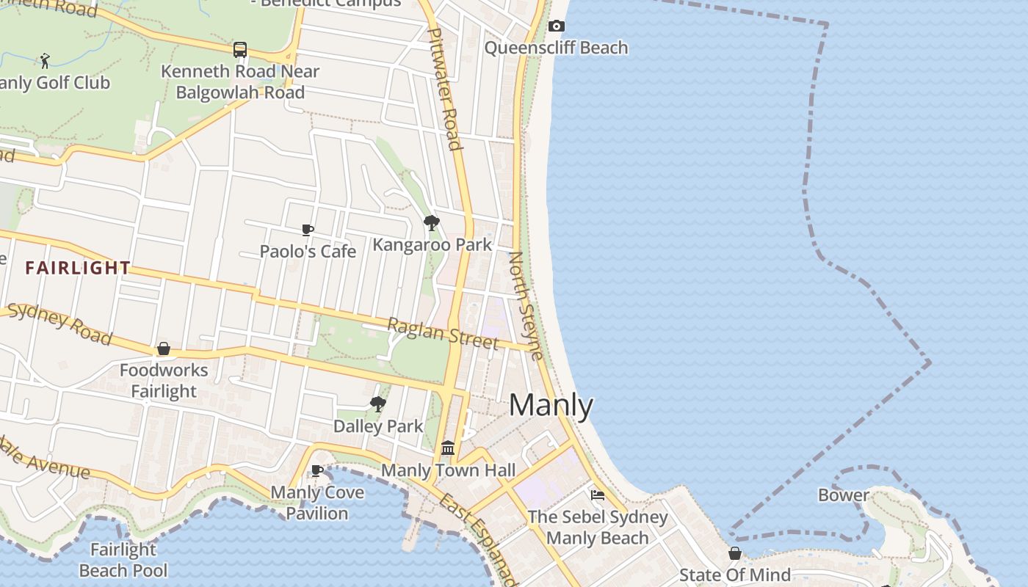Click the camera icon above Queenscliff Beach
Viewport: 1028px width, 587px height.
(x=557, y=26)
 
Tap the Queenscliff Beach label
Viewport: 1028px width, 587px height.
(x=556, y=48)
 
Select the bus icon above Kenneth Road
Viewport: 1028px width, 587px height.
(x=240, y=50)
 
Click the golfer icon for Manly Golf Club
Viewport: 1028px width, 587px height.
(x=45, y=60)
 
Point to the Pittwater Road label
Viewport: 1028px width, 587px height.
(x=445, y=88)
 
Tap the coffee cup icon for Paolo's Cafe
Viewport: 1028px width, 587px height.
(x=308, y=230)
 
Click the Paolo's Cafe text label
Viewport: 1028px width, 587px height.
(x=308, y=251)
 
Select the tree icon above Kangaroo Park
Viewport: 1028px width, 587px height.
(x=432, y=222)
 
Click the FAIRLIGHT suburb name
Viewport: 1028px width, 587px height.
(x=78, y=268)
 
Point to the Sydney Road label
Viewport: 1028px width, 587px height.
(x=59, y=323)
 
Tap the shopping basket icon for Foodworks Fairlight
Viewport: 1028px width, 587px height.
(x=164, y=349)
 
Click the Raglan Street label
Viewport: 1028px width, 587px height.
(x=443, y=334)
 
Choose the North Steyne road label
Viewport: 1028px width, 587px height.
(x=526, y=306)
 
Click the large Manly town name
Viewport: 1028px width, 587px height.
(x=551, y=405)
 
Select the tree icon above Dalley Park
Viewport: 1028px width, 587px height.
(x=378, y=404)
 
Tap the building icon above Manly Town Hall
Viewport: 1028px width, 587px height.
(x=448, y=448)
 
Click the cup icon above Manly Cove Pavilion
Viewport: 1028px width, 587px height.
(x=317, y=470)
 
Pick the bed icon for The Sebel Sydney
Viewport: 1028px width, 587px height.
(x=598, y=495)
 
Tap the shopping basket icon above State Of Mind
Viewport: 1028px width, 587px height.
(x=734, y=553)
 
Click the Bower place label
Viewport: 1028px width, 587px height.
(x=843, y=495)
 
